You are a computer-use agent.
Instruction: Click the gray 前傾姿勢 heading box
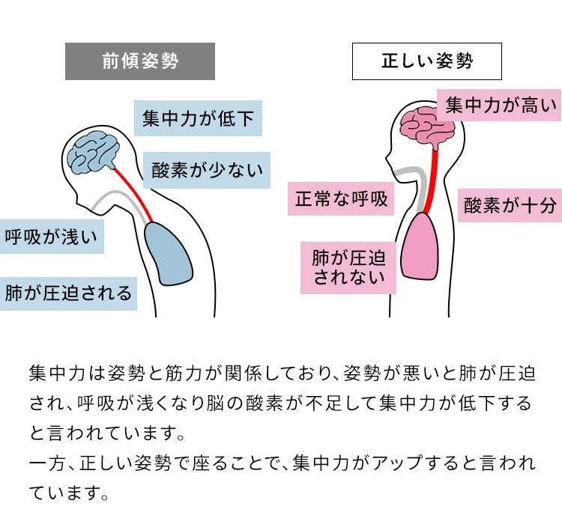coord(140,61)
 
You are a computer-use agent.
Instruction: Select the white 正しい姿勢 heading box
coord(427,61)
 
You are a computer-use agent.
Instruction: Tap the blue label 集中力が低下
coord(198,118)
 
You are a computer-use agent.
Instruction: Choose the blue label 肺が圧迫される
coord(68,292)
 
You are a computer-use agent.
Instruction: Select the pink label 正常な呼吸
coord(341,199)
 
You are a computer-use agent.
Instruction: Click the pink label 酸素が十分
coord(510,204)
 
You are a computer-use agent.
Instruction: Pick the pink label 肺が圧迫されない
coord(348,267)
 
